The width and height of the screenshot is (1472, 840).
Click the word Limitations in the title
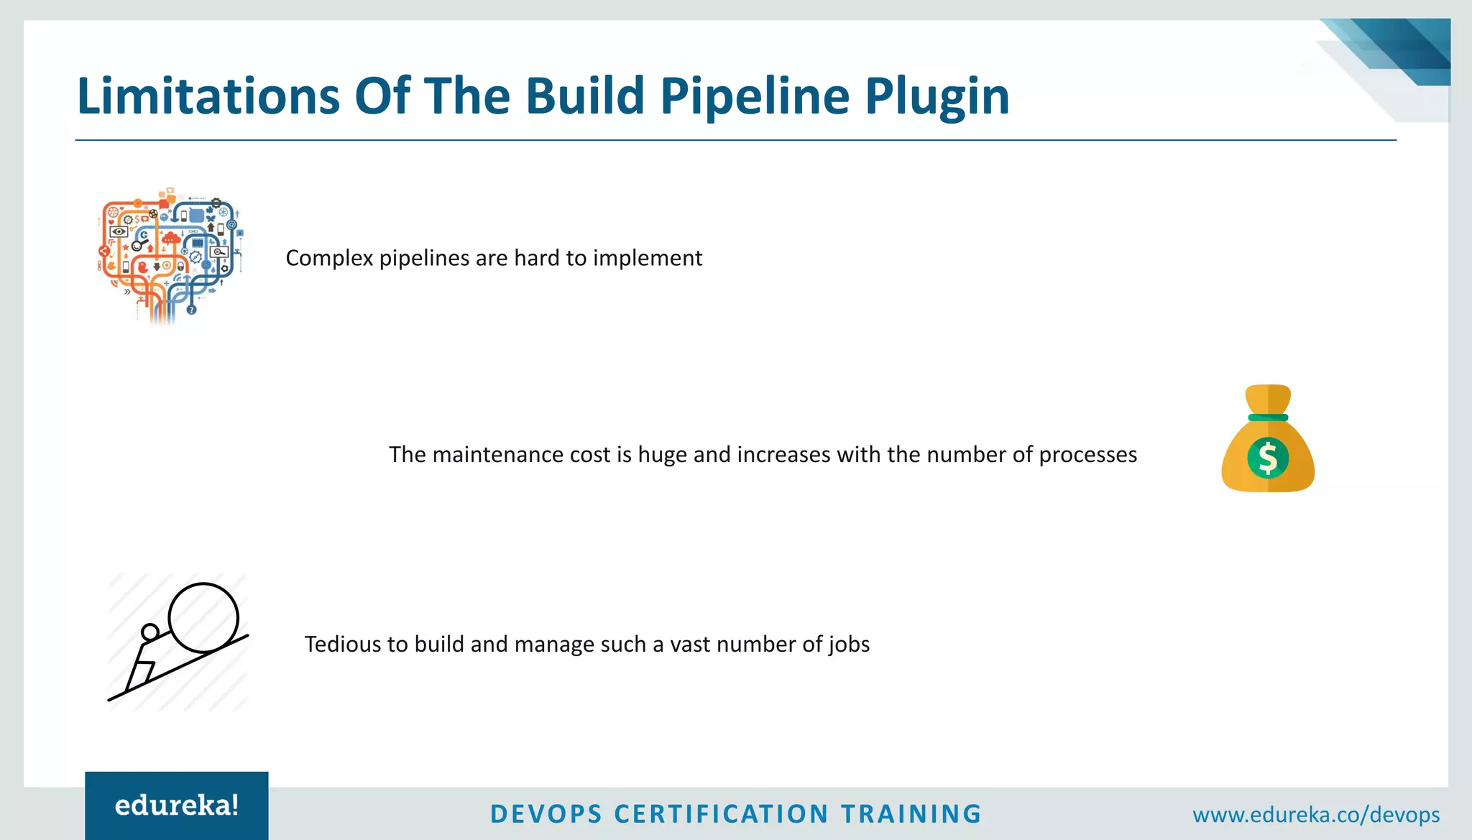coord(208,96)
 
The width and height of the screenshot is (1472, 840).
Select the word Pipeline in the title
coord(755,97)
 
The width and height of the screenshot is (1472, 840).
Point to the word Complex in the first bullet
coord(328,258)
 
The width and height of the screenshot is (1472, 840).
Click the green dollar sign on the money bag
coord(1268,458)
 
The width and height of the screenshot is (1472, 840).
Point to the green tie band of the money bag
coord(1268,417)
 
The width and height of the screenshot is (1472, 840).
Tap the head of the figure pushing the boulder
coord(149,632)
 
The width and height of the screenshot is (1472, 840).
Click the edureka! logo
coord(177,806)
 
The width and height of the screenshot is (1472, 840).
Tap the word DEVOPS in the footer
coord(546,814)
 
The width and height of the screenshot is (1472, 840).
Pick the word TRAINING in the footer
coord(911,814)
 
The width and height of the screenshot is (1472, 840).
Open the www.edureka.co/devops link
coord(1316,815)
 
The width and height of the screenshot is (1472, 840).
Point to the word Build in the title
coord(584,96)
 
